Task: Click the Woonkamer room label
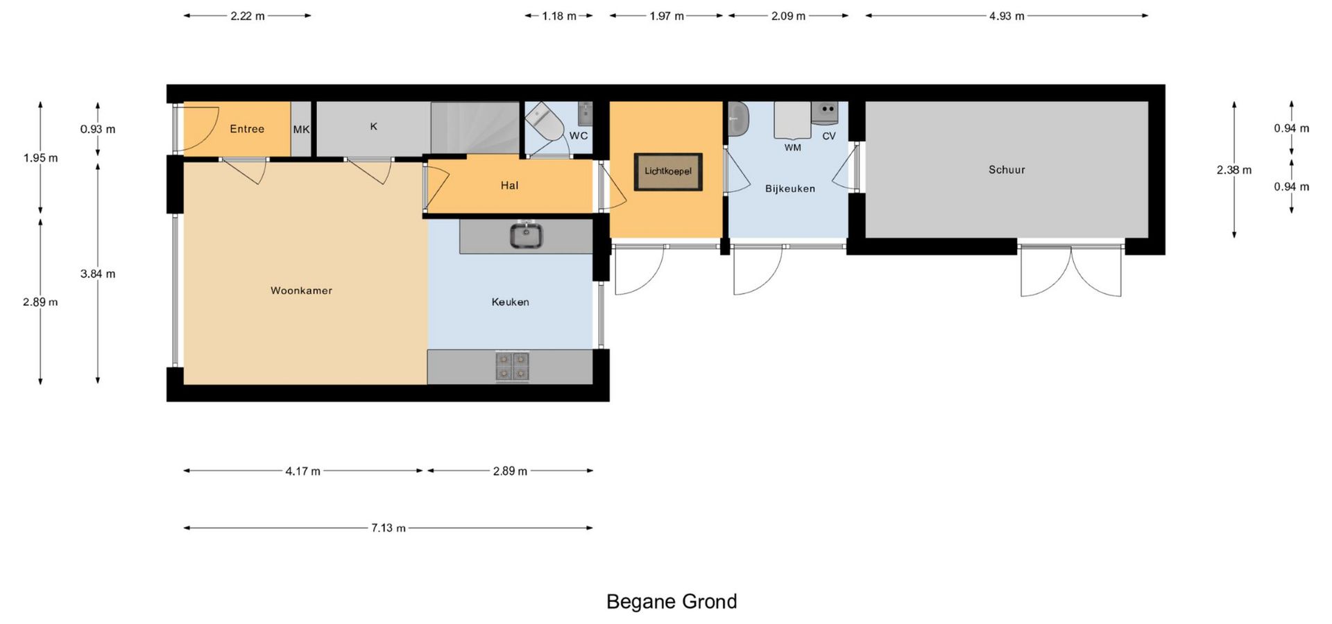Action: click(x=301, y=291)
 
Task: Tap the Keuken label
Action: click(x=510, y=302)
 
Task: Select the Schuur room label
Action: click(x=1007, y=169)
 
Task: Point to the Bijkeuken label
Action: click(x=790, y=189)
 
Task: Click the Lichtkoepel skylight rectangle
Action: click(x=668, y=171)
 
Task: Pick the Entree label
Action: click(x=247, y=129)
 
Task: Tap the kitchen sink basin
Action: click(x=526, y=235)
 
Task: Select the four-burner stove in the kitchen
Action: click(x=512, y=367)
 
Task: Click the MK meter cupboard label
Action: click(x=301, y=130)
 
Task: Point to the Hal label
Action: click(x=509, y=185)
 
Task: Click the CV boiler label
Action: click(x=829, y=136)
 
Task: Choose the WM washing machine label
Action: click(x=793, y=148)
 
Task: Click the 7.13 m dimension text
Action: click(x=388, y=528)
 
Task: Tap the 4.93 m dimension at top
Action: click(x=1007, y=16)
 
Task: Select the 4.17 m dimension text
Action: click(x=303, y=471)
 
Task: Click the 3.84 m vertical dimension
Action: click(x=98, y=274)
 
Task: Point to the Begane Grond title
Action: click(x=672, y=601)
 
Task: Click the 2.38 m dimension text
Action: click(x=1234, y=170)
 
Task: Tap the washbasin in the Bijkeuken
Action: click(x=738, y=119)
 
